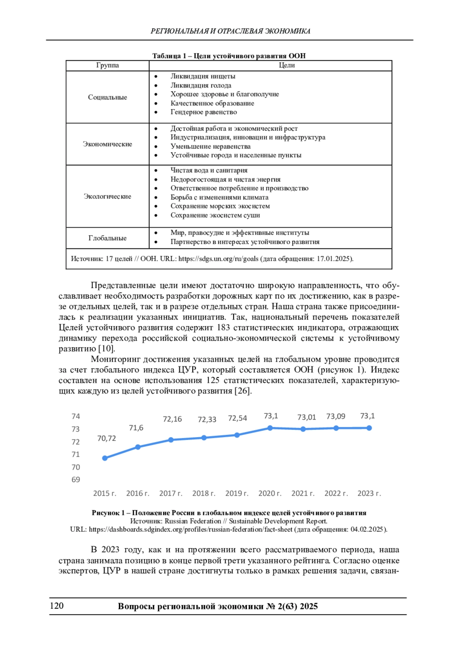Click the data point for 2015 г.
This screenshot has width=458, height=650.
[x=105, y=458]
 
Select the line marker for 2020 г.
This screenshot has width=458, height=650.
[x=270, y=428]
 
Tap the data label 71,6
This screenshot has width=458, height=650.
[x=136, y=428]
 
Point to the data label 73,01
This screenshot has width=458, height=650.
[x=307, y=417]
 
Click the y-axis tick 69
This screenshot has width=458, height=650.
[x=76, y=479]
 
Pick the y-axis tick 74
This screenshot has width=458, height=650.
[x=76, y=416]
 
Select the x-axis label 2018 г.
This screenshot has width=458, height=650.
[x=204, y=493]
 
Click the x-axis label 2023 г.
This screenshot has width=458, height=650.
[x=369, y=493]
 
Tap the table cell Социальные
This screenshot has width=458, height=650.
[x=108, y=97]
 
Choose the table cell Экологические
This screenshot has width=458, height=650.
[x=108, y=196]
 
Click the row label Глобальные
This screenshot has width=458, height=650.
[x=108, y=238]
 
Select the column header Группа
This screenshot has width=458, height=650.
[x=108, y=65]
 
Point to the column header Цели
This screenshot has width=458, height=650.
[x=287, y=65]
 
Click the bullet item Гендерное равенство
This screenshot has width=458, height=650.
[x=204, y=112]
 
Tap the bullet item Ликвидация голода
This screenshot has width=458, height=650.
[x=201, y=85]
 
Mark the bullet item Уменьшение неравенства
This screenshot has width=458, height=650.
[x=211, y=146]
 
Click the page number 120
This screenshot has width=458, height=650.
[x=57, y=606]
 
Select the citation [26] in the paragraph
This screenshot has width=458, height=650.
[x=243, y=391]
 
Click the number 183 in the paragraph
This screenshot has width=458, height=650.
[x=223, y=328]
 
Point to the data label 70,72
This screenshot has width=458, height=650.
[x=106, y=438]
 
